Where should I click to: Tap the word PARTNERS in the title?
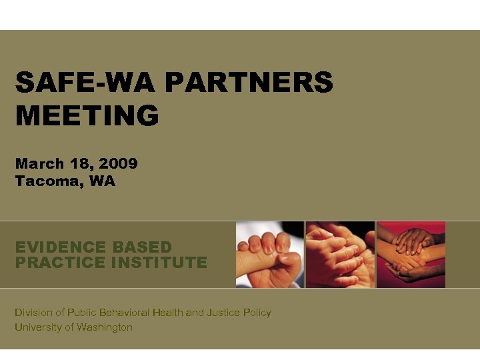(x=248, y=83)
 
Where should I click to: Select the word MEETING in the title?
(x=87, y=115)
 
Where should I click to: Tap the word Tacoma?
(x=43, y=181)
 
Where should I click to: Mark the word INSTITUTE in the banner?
(x=159, y=262)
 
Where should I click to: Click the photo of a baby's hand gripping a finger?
(x=270, y=255)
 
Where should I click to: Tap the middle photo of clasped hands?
(x=340, y=255)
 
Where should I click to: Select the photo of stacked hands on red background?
(x=411, y=255)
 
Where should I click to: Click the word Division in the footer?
(x=33, y=312)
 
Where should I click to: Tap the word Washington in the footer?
(x=105, y=327)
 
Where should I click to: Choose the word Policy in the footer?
(x=258, y=312)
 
